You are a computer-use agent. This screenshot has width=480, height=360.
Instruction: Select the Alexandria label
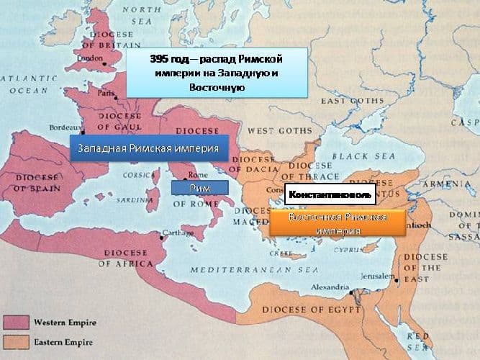coord(330,287)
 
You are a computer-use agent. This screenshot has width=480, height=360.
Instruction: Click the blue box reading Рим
coord(199,187)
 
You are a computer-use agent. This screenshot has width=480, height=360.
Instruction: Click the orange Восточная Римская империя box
coord(338,223)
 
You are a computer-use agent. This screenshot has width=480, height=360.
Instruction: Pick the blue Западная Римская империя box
coord(148,149)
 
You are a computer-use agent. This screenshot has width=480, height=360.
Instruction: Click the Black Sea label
coord(356,155)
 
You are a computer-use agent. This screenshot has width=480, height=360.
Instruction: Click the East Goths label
coord(353,101)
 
